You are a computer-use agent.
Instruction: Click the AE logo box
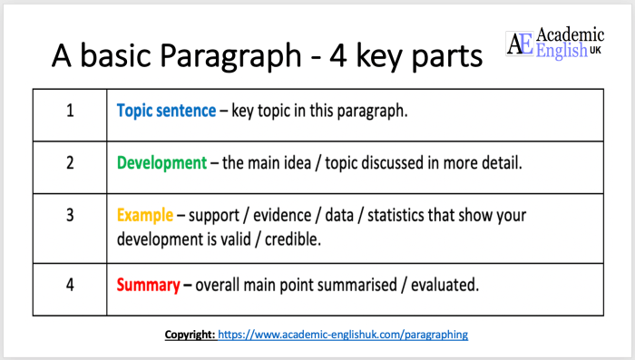pos(520,44)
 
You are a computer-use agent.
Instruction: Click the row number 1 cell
pos(69,112)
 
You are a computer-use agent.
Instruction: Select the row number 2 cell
pos(69,163)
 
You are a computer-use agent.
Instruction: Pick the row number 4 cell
pos(69,285)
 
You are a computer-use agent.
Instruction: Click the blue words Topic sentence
pos(164,112)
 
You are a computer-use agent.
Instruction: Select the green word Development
pos(161,163)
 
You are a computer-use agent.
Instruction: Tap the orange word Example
pos(143,216)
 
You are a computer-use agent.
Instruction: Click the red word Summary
pos(148,285)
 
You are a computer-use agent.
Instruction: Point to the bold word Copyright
pos(189,335)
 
